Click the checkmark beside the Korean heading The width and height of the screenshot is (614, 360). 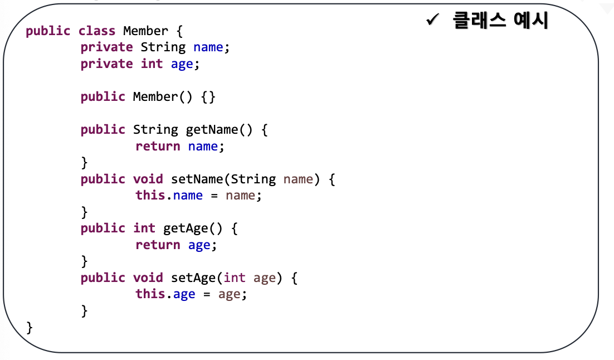(x=433, y=19)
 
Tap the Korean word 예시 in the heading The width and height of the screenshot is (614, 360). (x=531, y=20)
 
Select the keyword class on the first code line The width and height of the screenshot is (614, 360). (x=97, y=31)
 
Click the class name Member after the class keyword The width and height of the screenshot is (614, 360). (x=145, y=31)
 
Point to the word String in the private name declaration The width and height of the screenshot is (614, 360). (x=163, y=47)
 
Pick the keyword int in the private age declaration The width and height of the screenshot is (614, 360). (x=152, y=64)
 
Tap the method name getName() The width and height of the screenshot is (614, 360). (x=220, y=130)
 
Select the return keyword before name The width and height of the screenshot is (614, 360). (x=158, y=146)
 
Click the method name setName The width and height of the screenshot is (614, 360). (x=197, y=179)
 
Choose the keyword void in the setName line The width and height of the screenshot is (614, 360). (x=148, y=179)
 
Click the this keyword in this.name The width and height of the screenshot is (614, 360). (x=150, y=195)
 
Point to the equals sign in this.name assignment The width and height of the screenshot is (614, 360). (x=214, y=196)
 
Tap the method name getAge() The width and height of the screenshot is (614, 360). (x=193, y=228)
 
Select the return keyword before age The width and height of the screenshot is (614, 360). (x=158, y=245)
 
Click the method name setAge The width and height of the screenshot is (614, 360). (x=193, y=278)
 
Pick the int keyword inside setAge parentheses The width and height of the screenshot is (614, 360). (x=234, y=278)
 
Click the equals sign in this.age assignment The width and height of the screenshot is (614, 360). (x=207, y=295)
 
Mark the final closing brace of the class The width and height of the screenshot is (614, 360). (x=30, y=328)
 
